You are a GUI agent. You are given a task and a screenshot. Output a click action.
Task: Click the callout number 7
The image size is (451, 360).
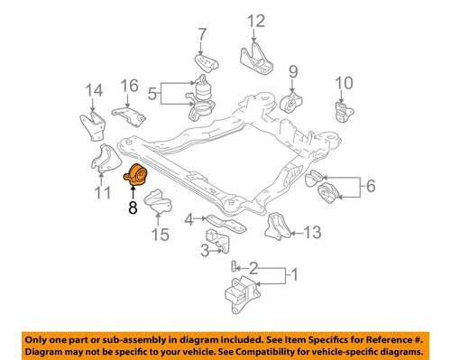201,36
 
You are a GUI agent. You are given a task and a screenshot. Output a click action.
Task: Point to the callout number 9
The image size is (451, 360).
293,70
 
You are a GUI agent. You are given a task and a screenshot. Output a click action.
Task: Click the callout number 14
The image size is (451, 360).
94,89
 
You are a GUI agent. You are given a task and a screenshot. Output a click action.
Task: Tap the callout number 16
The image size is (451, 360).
130,86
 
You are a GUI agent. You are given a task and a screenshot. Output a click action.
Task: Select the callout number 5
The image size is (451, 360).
152,91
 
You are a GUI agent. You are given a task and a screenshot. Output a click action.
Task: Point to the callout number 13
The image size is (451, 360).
311,233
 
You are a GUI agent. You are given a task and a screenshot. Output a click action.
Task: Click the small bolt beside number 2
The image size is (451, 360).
233,265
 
